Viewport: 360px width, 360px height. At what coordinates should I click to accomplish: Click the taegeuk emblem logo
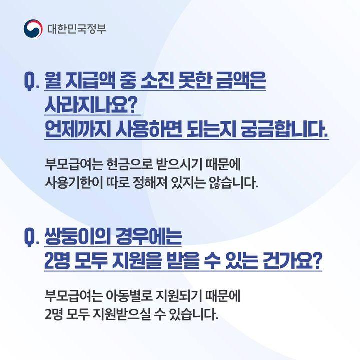pos(33,29)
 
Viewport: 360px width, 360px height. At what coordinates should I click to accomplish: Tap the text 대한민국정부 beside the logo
pos(77,29)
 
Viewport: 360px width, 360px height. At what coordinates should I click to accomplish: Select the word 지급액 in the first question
pos(90,80)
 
